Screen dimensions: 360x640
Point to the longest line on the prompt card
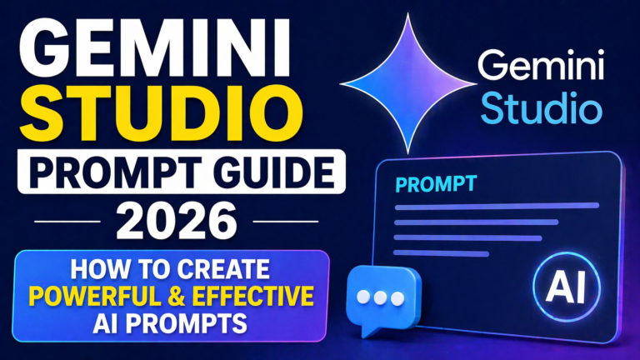click(496, 205)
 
